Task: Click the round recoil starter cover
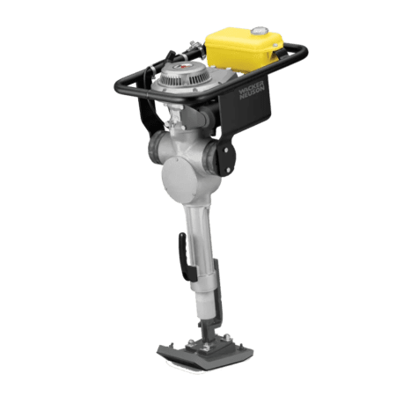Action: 184,77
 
